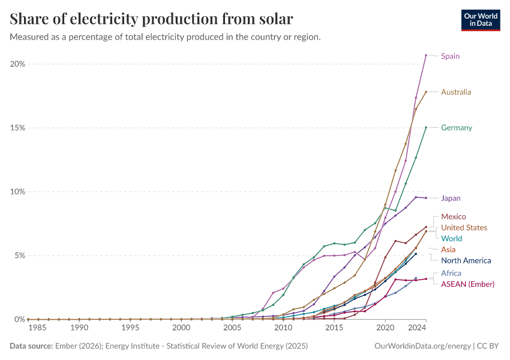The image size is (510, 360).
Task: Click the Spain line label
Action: pos(450,56)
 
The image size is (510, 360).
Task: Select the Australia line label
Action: pos(455,92)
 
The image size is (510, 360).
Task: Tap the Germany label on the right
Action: pos(456,127)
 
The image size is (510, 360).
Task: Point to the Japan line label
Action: pos(451,198)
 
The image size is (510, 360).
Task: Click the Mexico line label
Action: pos(453,217)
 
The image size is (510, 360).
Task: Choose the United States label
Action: pos(464,227)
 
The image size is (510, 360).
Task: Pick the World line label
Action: pos(451,238)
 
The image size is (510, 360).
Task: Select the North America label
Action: pos(466,260)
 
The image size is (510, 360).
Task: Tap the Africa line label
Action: pos(451,273)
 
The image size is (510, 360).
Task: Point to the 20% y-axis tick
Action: pos(16,64)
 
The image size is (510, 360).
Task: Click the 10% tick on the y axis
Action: pos(16,192)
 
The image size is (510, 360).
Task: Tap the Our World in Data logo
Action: pos(480,20)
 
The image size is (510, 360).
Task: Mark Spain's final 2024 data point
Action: pos(426,55)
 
